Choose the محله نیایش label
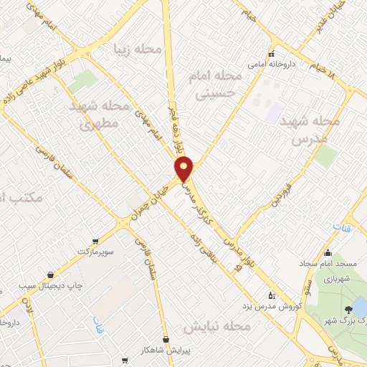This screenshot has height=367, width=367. tap(218, 327)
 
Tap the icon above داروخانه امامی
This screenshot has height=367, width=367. tap(271, 54)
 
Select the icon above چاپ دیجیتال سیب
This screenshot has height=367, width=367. tap(51, 274)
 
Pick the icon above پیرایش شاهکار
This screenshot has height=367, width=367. tap(166, 339)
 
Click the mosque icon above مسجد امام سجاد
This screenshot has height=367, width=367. tap(328, 252)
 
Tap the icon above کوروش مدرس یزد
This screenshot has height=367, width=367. tap(271, 295)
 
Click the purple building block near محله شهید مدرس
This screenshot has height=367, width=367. tap(275, 112)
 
